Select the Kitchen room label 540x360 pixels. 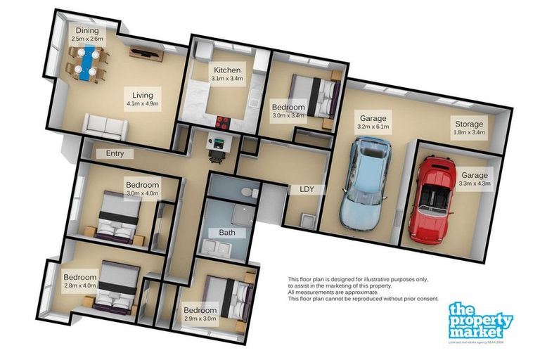[x=228, y=70]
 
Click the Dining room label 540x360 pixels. [x=87, y=31]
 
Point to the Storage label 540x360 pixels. [x=468, y=124]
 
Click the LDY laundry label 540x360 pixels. [x=306, y=188]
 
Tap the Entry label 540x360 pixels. [x=115, y=153]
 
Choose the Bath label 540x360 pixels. [x=226, y=232]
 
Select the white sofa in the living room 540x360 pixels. [x=105, y=126]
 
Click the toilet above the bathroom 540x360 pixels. [x=247, y=191]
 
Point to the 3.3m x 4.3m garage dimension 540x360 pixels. [x=475, y=184]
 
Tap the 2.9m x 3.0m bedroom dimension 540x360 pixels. [x=200, y=319]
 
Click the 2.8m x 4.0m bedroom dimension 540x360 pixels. [x=79, y=286]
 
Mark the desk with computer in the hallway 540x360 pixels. [x=219, y=146]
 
